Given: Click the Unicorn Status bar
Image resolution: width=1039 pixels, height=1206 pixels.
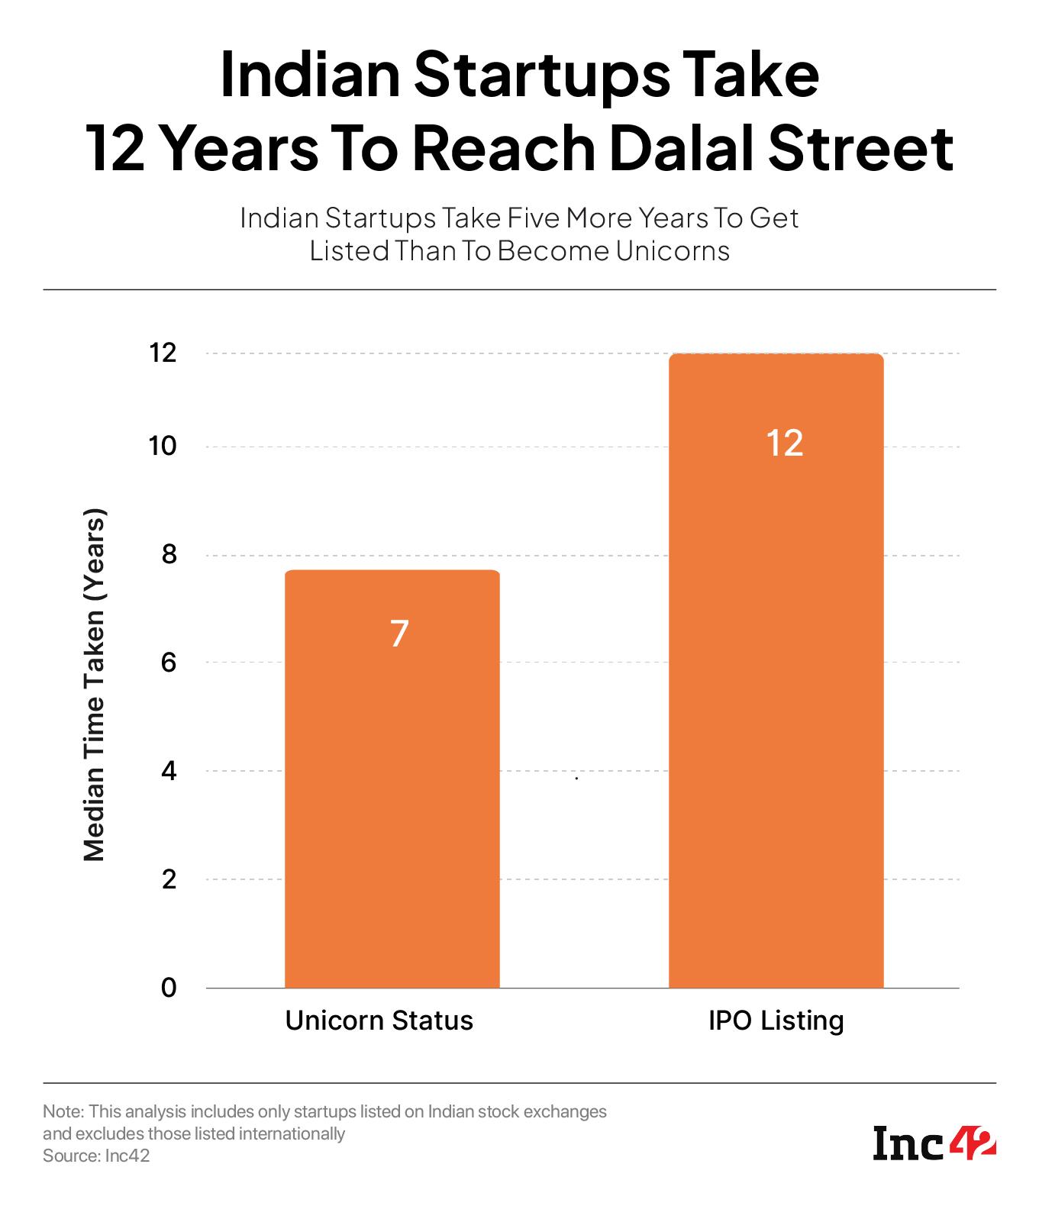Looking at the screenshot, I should (x=392, y=779).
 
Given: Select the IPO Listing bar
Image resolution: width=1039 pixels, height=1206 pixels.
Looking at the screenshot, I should (x=776, y=672).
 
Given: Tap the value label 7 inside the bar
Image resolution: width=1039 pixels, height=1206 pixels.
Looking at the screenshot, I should (x=399, y=634).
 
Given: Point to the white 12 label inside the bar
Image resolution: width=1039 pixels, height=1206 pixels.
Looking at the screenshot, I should (x=785, y=443).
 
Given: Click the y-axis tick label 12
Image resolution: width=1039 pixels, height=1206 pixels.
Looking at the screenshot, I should (x=163, y=353).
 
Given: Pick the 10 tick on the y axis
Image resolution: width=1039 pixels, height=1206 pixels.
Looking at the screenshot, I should (x=163, y=447).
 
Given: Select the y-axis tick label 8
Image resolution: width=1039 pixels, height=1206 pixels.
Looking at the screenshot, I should (x=169, y=555).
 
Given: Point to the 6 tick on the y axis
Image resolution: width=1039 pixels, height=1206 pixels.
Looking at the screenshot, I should (x=169, y=663).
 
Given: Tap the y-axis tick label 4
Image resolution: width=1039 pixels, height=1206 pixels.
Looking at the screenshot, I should (x=169, y=771).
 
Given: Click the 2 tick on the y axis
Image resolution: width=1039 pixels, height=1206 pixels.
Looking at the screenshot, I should (x=169, y=879).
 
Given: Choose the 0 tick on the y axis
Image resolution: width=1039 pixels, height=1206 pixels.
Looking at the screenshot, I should (x=169, y=988).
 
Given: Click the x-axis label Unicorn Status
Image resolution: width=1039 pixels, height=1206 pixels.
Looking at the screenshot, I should (x=379, y=1021).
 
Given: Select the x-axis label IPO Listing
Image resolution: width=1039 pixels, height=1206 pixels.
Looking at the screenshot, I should (x=776, y=1021).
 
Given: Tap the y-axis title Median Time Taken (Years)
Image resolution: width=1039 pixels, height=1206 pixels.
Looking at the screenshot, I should (x=93, y=685).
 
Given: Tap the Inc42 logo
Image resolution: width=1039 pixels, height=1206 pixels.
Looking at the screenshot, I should (x=934, y=1145).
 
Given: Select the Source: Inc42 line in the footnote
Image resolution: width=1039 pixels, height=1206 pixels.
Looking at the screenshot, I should (x=96, y=1156).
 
